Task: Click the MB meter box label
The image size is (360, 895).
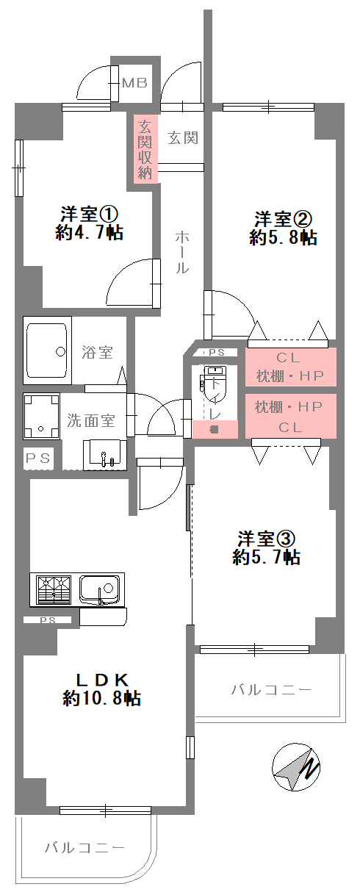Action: point(134,83)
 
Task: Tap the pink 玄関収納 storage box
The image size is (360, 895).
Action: point(145,149)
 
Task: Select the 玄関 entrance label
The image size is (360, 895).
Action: point(183,138)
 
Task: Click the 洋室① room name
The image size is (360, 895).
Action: point(89,214)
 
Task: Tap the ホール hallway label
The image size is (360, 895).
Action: point(181,253)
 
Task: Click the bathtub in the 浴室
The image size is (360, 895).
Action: point(47,351)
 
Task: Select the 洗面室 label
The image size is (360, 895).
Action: point(90,420)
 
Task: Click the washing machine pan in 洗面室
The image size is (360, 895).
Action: point(41,416)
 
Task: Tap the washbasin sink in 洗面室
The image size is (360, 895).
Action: point(104,455)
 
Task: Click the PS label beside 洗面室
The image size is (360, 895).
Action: point(37,459)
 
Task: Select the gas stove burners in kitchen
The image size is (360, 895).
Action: point(54,590)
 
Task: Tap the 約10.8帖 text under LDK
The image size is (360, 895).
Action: point(101,698)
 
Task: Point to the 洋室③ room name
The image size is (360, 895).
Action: point(266,539)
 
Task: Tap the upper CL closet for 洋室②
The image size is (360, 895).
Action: point(290,367)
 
